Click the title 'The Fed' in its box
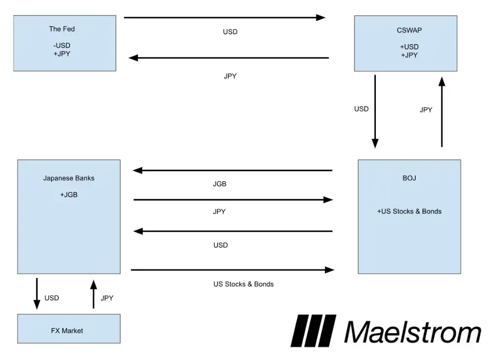click(x=62, y=29)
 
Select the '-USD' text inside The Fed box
click(x=62, y=46)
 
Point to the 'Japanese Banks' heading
click(x=69, y=178)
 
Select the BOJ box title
click(x=409, y=178)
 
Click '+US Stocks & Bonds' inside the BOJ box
click(x=409, y=211)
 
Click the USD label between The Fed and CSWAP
click(x=230, y=32)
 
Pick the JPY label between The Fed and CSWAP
click(x=230, y=76)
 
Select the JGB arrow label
click(x=220, y=184)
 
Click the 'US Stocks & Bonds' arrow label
click(x=243, y=284)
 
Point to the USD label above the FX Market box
click(x=52, y=298)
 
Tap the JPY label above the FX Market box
click(x=106, y=298)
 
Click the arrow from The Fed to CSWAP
click(x=224, y=18)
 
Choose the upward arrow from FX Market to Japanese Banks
click(x=93, y=294)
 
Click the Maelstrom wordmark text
click(x=413, y=332)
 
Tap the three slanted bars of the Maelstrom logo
click(x=314, y=331)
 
